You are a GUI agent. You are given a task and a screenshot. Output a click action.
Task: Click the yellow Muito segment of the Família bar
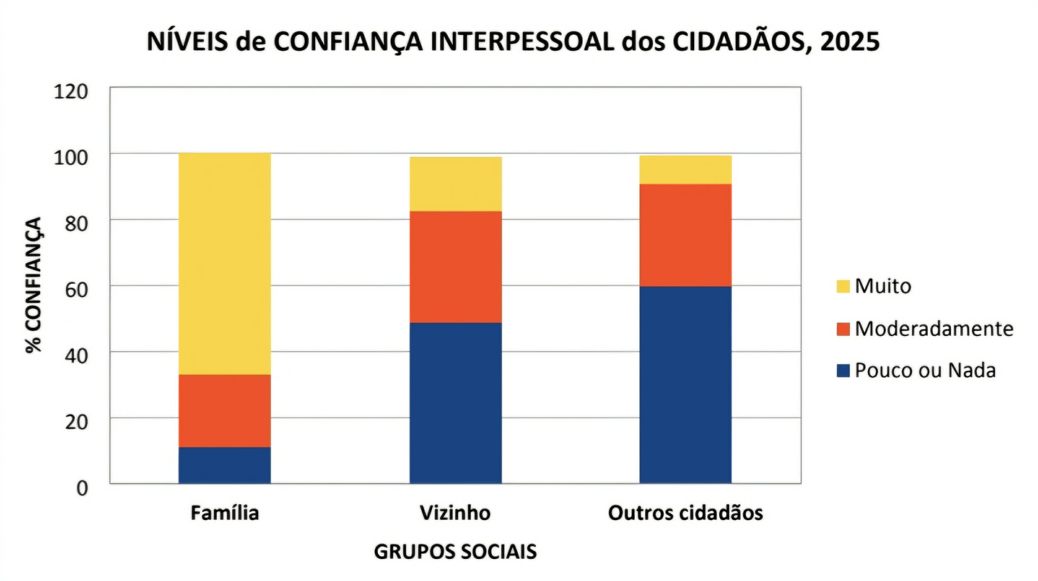click(x=225, y=264)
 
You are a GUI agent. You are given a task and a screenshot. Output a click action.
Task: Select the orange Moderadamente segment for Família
click(x=225, y=411)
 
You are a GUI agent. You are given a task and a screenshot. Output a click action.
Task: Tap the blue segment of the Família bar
click(x=225, y=465)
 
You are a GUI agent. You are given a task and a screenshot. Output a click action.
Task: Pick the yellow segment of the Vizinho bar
click(x=456, y=184)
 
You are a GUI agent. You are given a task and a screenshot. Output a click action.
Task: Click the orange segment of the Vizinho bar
click(x=456, y=267)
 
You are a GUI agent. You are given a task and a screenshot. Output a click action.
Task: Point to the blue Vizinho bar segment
click(x=456, y=403)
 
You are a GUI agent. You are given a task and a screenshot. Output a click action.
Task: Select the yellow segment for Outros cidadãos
click(x=685, y=170)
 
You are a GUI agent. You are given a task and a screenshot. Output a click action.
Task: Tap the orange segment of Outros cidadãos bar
click(x=685, y=235)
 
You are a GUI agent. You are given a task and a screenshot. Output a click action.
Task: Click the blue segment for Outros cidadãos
click(x=685, y=385)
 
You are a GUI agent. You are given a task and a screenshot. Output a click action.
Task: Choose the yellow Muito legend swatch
click(x=843, y=286)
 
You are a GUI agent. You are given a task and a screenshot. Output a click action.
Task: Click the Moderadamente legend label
click(x=934, y=329)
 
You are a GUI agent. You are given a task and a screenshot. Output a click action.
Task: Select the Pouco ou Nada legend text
click(x=925, y=371)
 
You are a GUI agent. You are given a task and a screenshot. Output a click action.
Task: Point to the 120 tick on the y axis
click(x=71, y=92)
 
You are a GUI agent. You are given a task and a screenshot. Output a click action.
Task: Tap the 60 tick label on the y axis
click(x=76, y=290)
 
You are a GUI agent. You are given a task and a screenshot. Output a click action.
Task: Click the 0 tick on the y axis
click(x=82, y=488)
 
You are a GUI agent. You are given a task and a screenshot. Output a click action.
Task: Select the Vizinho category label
click(x=455, y=513)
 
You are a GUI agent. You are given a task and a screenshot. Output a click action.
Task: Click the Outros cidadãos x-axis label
click(x=685, y=513)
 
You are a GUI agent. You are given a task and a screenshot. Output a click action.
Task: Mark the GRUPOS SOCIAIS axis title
click(x=455, y=552)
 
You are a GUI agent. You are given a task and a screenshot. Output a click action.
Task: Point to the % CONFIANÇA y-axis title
click(x=34, y=285)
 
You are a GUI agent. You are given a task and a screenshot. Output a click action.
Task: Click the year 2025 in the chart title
click(x=850, y=42)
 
